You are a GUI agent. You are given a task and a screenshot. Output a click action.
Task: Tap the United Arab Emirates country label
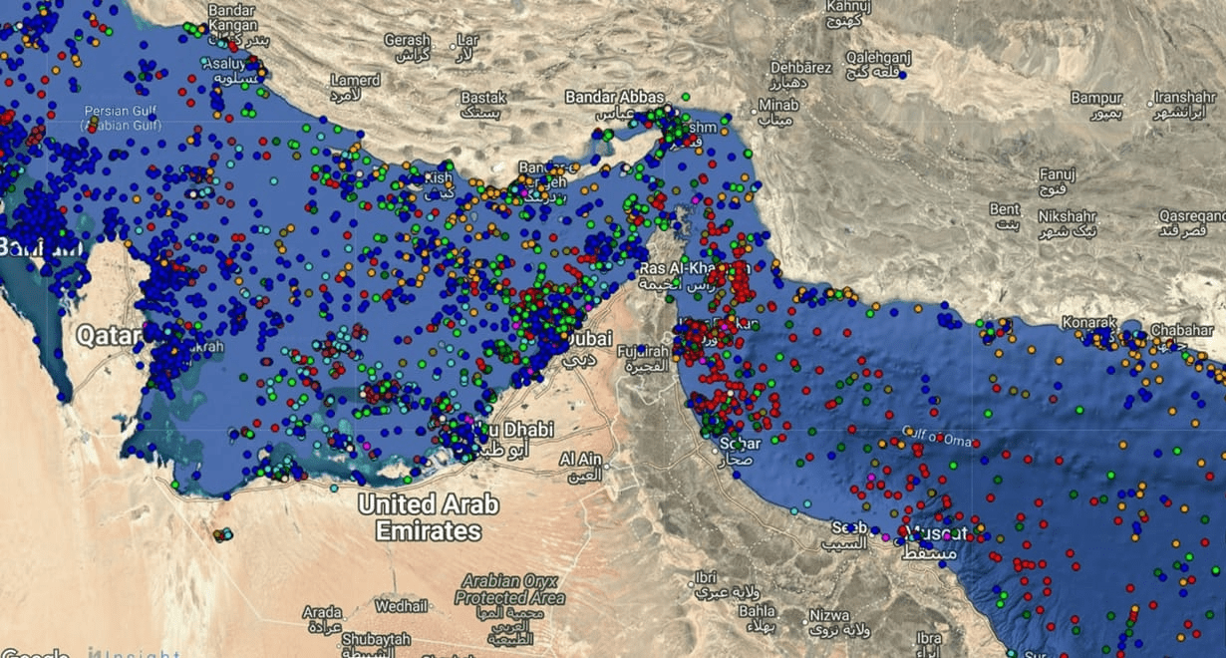[x=428, y=517]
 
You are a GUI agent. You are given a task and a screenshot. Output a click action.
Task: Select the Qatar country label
[x=108, y=334]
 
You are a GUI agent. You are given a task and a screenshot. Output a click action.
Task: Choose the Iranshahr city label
[x=1186, y=98]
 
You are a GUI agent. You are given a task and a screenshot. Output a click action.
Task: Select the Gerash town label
[x=408, y=40]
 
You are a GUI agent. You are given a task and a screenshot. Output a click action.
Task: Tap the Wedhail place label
[x=402, y=605]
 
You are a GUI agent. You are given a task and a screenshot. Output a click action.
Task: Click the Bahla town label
[x=757, y=610]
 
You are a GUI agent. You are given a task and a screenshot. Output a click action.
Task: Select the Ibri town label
[x=706, y=578]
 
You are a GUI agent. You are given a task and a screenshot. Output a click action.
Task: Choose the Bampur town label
[x=1096, y=98]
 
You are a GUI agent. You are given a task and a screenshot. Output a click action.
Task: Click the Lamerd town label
[x=356, y=80]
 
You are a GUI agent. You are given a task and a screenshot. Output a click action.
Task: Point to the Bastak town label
[x=483, y=98]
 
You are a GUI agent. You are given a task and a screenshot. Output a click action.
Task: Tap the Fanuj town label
[x=1057, y=173]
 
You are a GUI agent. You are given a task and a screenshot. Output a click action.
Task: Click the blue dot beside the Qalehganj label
[x=901, y=75]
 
